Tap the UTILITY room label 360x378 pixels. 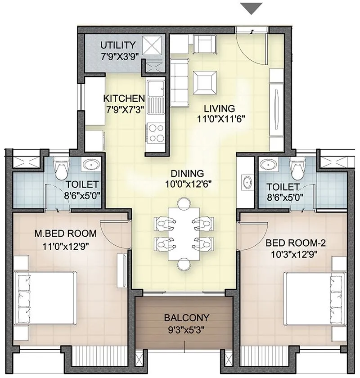118,45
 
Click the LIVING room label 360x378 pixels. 219,108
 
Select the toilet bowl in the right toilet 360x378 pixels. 297,168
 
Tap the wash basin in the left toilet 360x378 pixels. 92,165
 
